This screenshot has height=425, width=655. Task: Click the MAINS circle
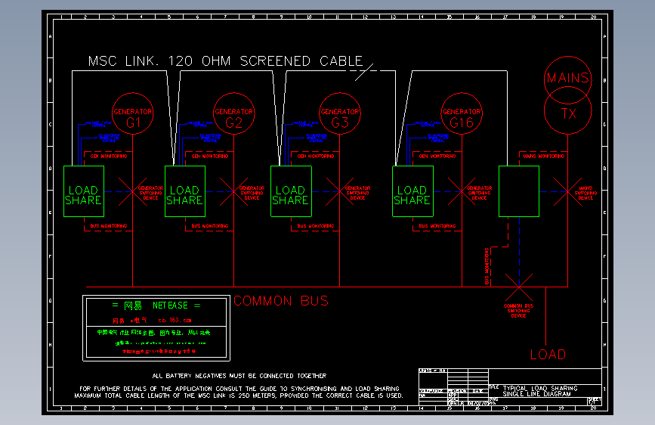pos(567,78)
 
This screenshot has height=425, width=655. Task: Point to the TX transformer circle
pos(567,113)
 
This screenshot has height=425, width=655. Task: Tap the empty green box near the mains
pos(519,191)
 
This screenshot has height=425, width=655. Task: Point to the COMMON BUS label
pos(281,301)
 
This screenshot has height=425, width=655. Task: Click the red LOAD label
pos(548,354)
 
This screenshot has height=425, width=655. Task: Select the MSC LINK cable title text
pos(225,61)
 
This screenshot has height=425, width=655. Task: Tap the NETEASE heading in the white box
pos(156,306)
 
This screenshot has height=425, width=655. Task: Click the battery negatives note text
pos(239,375)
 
